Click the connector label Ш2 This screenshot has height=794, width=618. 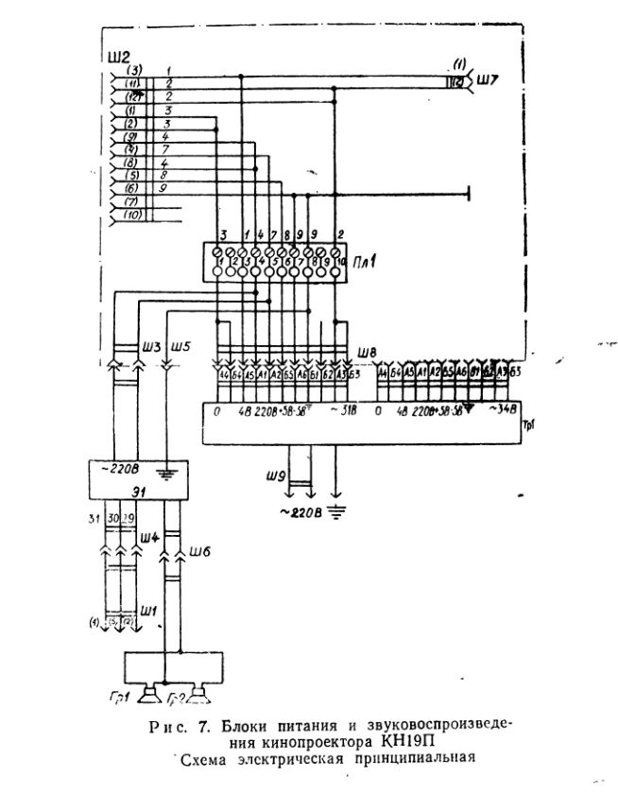(x=119, y=56)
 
